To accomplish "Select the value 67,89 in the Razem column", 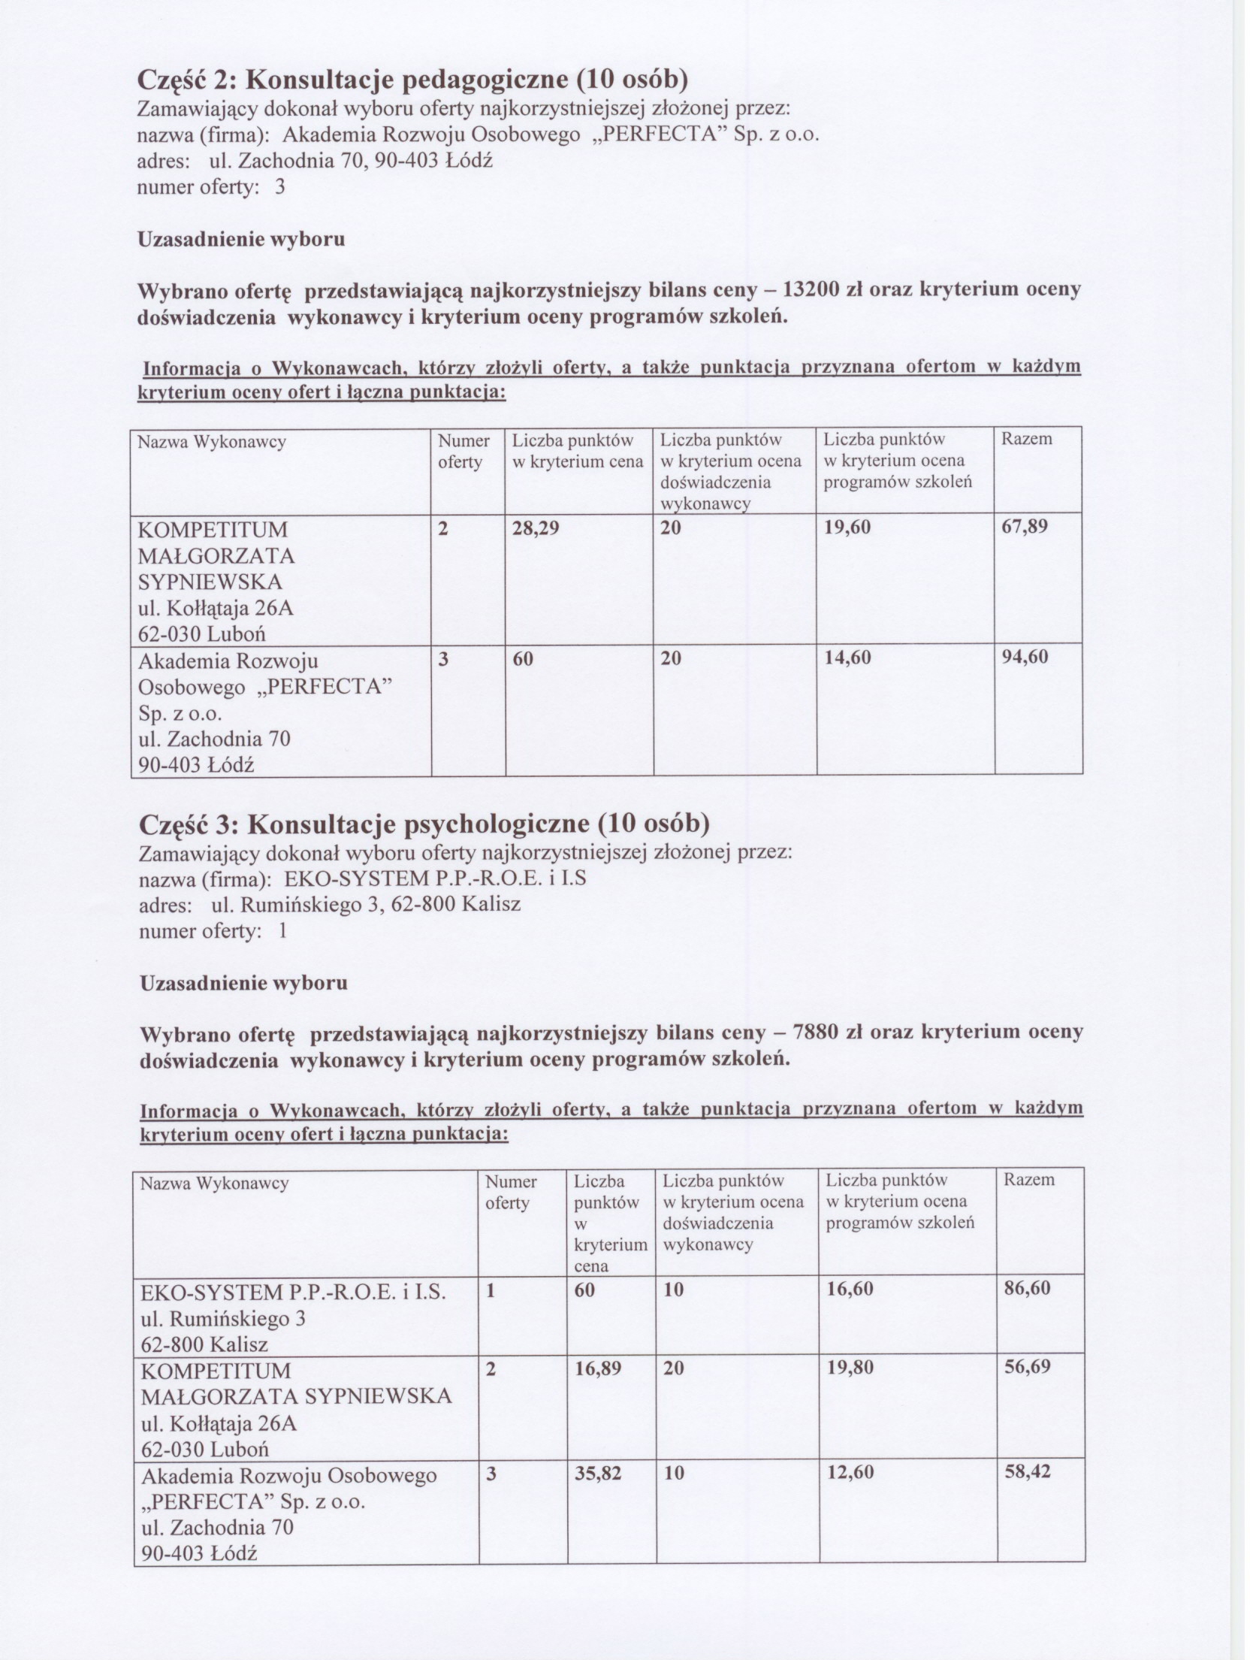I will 1024,527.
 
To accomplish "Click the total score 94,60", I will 1025,658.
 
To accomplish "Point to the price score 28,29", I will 536,528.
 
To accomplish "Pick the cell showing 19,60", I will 847,528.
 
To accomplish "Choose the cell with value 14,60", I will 847,658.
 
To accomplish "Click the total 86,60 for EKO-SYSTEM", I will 1027,1288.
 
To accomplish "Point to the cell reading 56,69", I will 1027,1368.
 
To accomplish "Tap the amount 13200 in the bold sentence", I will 811,290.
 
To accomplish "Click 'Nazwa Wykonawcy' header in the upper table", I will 211,442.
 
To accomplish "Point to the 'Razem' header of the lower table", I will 1028,1180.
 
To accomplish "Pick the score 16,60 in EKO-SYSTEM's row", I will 850,1290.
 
